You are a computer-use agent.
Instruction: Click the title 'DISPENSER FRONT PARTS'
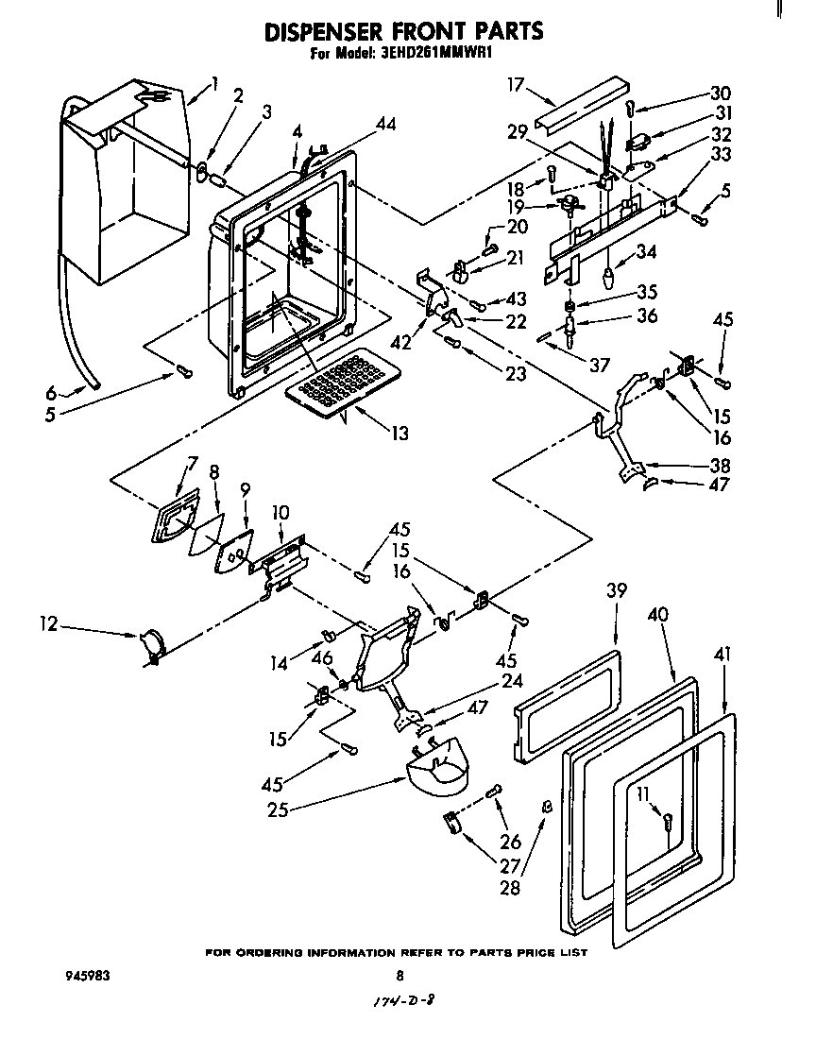point(403,31)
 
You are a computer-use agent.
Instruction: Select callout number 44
point(360,123)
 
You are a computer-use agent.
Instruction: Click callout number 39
point(616,591)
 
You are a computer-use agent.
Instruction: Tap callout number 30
point(721,93)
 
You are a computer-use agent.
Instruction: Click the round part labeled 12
point(152,646)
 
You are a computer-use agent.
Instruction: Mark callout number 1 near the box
point(215,83)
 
